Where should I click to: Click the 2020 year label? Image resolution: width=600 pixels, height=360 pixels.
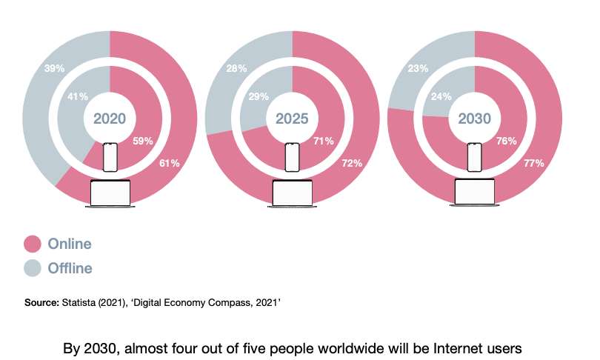(x=110, y=119)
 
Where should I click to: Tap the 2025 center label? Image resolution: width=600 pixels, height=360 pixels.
(x=292, y=119)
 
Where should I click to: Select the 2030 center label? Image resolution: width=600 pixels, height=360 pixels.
(x=474, y=119)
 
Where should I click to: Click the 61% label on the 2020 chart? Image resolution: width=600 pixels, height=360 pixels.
(x=170, y=163)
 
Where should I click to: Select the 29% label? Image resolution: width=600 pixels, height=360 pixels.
(x=260, y=96)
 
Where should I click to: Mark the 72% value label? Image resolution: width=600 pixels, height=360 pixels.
(x=352, y=163)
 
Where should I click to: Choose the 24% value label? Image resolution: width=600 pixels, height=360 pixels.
(x=442, y=96)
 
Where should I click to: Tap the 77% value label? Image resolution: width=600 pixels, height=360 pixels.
(x=534, y=163)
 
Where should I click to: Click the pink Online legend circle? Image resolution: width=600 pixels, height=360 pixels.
(x=33, y=244)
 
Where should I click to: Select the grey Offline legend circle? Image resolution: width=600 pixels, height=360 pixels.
(x=33, y=267)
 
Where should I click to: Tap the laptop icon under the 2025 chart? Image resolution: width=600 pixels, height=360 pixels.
(x=292, y=193)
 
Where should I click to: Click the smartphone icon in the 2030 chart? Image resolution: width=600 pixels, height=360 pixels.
(x=474, y=158)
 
